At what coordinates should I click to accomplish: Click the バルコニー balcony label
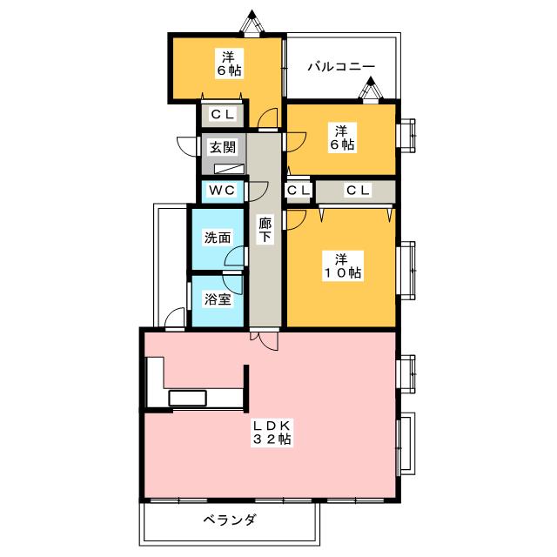pos(341,66)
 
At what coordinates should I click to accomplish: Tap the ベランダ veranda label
pos(231,520)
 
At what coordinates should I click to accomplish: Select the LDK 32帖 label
pos(272,433)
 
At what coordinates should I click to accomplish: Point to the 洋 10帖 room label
pos(342,265)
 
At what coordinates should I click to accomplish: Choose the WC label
pos(218,190)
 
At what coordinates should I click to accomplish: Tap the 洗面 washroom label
pos(217,237)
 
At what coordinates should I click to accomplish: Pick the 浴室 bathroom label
pos(217,300)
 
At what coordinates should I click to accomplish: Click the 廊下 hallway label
pos(265,230)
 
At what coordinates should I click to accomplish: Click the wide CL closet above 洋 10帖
pos(358,190)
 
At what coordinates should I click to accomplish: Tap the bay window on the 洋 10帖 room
pos(406,271)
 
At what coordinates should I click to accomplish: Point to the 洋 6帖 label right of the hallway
pos(342,138)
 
